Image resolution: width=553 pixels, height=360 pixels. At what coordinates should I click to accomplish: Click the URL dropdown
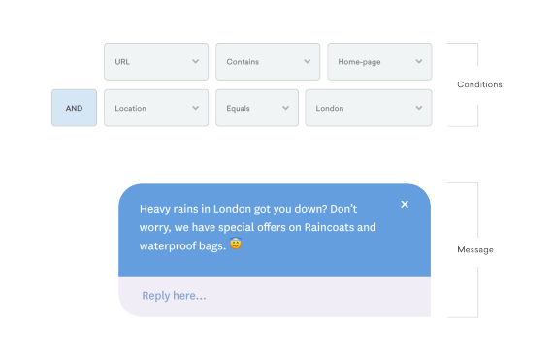pos(155,61)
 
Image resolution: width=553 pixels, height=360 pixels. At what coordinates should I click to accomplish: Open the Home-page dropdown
pos(378,61)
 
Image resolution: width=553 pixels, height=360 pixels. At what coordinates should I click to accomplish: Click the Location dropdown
pos(155,108)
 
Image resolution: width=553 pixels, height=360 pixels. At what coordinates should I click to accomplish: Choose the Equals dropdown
pos(256,108)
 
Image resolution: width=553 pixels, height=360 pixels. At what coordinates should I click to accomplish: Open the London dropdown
pos(368,108)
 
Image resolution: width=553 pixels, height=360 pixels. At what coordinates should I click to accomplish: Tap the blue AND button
pos(74,108)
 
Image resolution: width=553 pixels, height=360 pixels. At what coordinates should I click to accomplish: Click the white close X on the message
pos(405,204)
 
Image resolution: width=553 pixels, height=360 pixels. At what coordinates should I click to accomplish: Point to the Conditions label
pos(479,84)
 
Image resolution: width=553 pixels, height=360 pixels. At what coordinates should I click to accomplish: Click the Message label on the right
pos(475,250)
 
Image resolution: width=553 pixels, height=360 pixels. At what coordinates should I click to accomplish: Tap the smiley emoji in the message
pos(236,245)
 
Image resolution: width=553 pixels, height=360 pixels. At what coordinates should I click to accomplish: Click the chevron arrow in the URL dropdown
pos(195,61)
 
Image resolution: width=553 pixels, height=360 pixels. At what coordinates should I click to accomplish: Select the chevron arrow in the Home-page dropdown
pos(418,61)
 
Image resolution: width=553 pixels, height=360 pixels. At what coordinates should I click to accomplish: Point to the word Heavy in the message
pos(156,209)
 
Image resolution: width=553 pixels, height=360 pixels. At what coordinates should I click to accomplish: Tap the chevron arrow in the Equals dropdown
pos(285,108)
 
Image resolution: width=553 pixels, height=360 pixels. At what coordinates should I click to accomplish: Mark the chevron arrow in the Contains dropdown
pos(307,61)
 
